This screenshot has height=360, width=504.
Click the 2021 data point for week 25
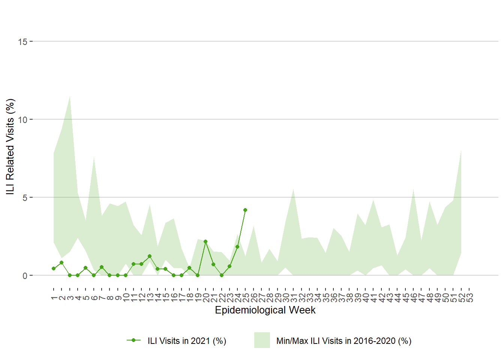(x=245, y=210)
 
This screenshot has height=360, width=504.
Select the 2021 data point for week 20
(x=205, y=241)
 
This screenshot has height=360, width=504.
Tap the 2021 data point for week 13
(x=150, y=256)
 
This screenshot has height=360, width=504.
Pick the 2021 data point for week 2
(x=61, y=262)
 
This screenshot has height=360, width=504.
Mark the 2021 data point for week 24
(x=237, y=247)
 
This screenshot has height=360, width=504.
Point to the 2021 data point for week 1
(x=54, y=268)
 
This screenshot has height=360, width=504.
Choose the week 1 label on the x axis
(x=54, y=298)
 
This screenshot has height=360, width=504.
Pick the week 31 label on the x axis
(x=294, y=298)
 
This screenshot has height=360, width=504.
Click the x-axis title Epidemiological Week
(x=265, y=310)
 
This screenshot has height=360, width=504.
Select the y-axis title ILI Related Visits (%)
(x=10, y=146)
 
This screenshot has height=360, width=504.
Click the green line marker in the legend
(x=133, y=340)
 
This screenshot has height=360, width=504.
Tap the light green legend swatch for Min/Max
(x=262, y=340)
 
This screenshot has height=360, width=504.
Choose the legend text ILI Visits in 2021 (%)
(x=187, y=341)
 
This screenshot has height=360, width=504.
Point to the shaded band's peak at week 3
(x=70, y=96)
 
